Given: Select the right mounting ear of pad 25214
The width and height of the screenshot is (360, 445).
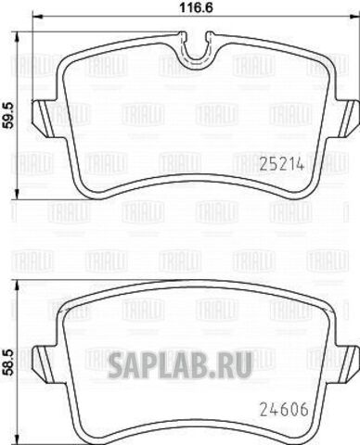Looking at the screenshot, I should pos(346,118).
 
